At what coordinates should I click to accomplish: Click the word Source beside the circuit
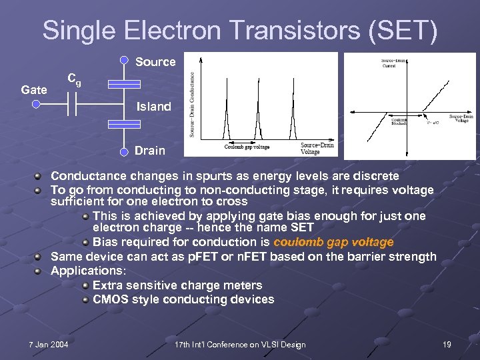pos(155,62)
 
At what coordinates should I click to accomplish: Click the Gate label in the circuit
pos(34,89)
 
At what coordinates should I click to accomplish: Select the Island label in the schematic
pos(153,106)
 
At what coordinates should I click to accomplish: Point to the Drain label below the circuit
pos(149,151)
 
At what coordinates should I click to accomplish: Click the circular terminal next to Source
pos(124,59)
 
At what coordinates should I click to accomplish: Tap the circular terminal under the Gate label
pos(36,104)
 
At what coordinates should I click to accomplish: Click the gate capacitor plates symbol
pos(77,104)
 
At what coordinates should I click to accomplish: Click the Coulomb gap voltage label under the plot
pos(248,147)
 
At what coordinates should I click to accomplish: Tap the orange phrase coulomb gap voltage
pos(333,242)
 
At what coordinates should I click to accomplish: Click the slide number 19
pos(447,344)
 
